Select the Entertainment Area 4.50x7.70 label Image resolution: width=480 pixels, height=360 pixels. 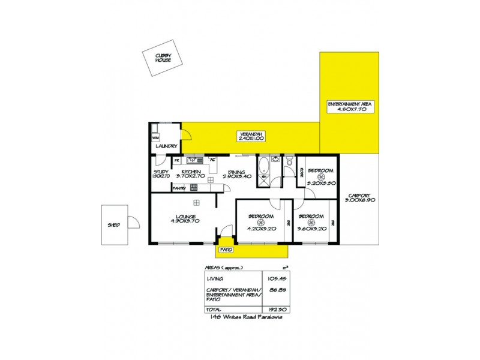pyautogui.click(x=350, y=107)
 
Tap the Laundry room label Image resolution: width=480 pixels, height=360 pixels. pyautogui.click(x=166, y=146)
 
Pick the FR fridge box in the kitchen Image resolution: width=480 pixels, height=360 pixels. pyautogui.click(x=176, y=161)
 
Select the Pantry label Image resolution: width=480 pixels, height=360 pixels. pyautogui.click(x=179, y=188)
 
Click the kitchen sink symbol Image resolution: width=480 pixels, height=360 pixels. pyautogui.click(x=195, y=160)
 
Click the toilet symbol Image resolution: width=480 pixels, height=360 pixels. pyautogui.click(x=289, y=160)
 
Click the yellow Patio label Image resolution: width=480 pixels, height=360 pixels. pyautogui.click(x=225, y=248)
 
